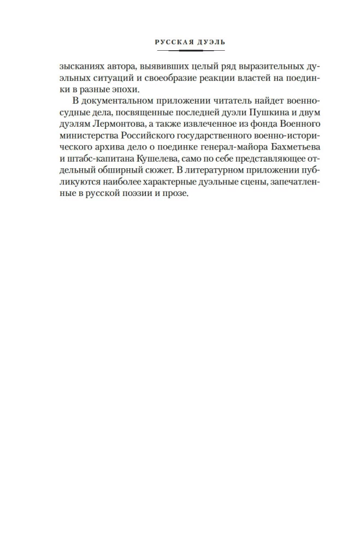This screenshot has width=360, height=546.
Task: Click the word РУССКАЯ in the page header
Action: [x=169, y=41]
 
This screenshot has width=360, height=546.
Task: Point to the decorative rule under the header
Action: [x=180, y=50]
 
